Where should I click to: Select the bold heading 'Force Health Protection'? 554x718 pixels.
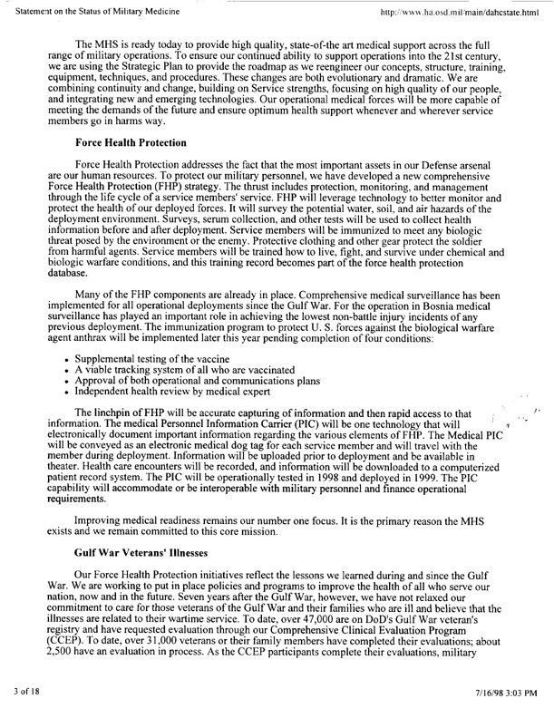point(130,143)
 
